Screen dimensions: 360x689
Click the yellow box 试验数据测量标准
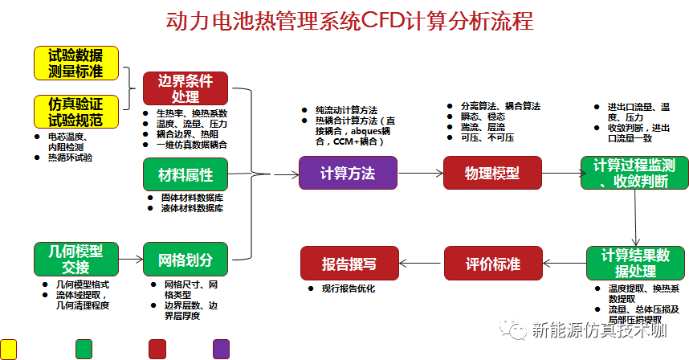point(76,63)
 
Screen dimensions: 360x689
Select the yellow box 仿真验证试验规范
point(76,112)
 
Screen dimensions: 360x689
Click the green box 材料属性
point(185,174)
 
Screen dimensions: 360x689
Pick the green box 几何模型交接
point(76,259)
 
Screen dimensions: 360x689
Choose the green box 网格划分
point(185,259)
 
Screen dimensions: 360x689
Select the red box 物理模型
point(492,174)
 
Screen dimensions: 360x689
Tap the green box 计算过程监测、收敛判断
point(634,174)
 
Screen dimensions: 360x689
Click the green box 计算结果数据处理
point(634,263)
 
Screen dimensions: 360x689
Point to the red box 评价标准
point(492,264)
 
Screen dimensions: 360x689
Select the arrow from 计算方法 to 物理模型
point(420,174)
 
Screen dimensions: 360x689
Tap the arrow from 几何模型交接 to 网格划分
point(130,260)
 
